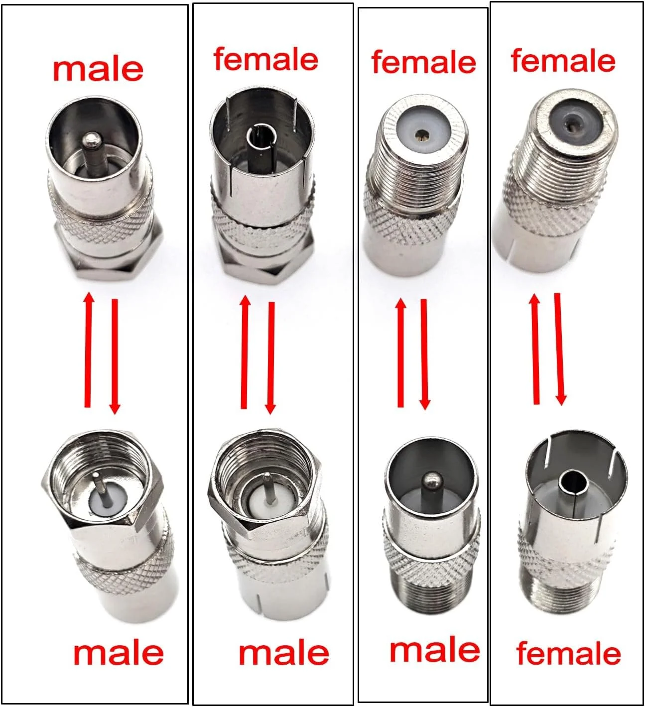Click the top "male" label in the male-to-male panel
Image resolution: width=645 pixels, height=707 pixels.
point(99,70)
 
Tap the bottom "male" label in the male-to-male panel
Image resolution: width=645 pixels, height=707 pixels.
point(119,653)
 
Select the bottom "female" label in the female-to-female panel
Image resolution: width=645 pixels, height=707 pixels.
point(568,653)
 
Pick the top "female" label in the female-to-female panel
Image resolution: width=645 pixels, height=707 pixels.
point(563,60)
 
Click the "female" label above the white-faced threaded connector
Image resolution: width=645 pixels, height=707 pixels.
point(424,62)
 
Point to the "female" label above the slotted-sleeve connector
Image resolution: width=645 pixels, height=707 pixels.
point(266,59)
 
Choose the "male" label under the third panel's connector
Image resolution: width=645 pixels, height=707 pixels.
point(435,650)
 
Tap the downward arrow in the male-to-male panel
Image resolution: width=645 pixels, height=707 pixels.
point(115,356)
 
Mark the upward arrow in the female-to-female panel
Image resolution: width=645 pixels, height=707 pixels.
point(536,349)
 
